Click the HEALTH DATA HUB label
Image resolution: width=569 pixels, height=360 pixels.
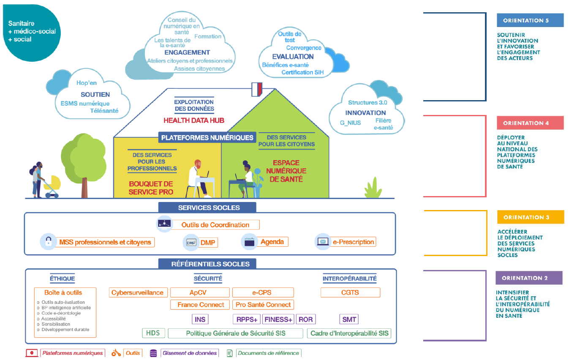(193, 120)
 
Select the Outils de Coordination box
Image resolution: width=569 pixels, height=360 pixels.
(215, 225)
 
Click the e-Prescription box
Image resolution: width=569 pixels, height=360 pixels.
(353, 242)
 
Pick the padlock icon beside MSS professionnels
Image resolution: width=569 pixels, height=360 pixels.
(49, 242)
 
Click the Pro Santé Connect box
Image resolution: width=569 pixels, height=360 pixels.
(263, 305)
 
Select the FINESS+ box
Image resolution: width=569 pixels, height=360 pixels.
(278, 319)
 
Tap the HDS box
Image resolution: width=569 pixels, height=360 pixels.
(153, 333)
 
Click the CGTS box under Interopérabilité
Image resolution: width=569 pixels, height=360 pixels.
(350, 292)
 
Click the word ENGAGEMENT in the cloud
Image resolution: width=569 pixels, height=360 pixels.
(187, 52)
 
